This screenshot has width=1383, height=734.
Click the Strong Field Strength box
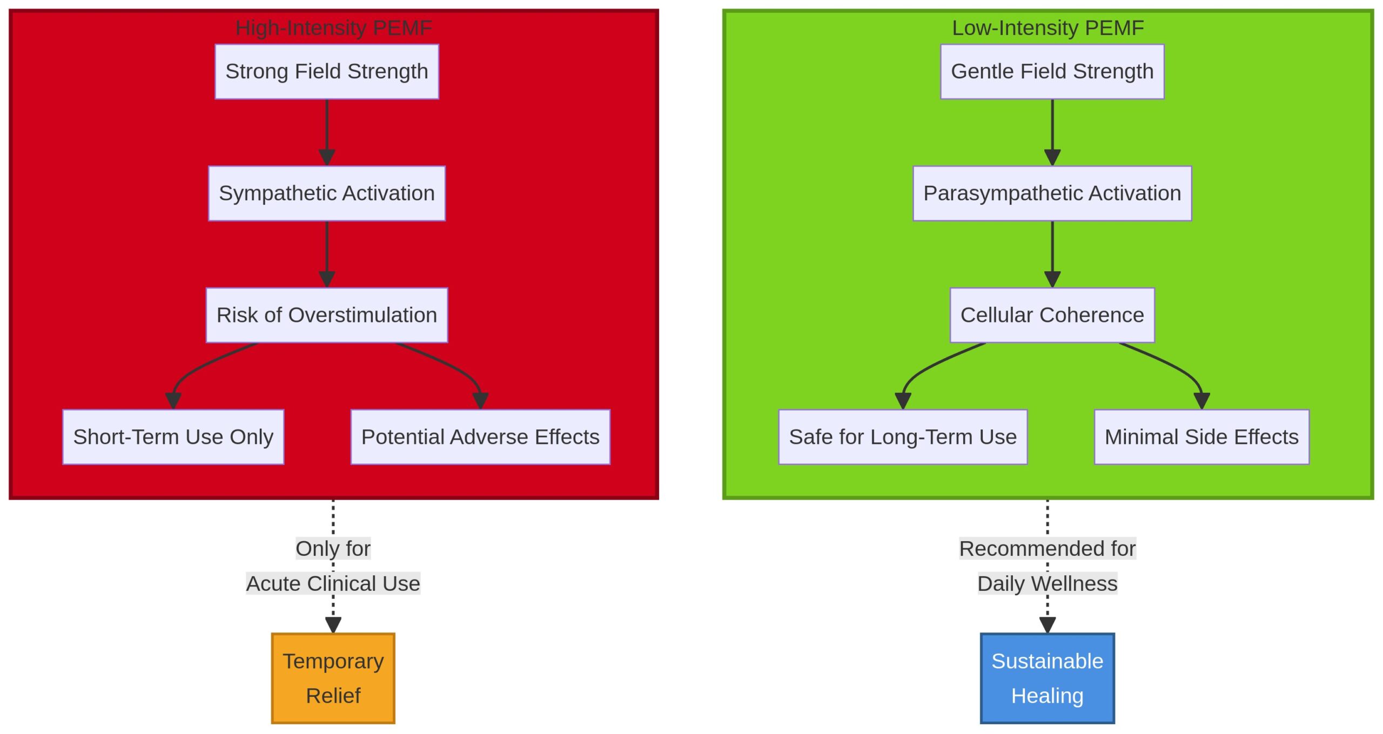point(326,71)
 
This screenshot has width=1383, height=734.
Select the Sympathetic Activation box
point(326,193)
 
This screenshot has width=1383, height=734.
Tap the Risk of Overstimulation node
point(326,315)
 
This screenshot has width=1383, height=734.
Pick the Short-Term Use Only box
point(173,436)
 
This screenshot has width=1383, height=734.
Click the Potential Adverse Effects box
point(480,436)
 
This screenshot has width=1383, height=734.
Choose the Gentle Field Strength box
point(1051,71)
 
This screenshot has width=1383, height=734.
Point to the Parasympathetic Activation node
point(1051,193)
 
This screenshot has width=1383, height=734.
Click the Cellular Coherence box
point(1051,315)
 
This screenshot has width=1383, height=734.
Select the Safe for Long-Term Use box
point(902,436)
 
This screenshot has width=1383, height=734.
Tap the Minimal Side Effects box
point(1201,436)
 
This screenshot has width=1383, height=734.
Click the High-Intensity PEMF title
point(333,28)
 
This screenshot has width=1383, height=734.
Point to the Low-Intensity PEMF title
point(1047,28)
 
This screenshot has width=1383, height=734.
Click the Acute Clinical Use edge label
point(333,583)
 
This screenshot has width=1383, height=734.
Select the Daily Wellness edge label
point(1047,583)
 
